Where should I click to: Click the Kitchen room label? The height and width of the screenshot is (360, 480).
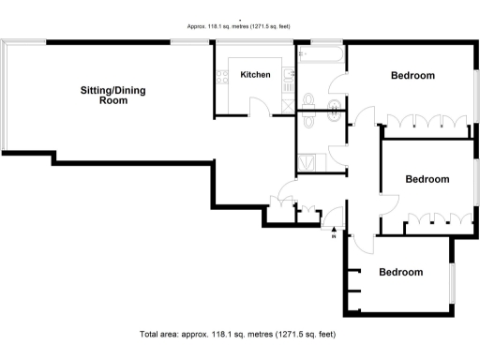coord(255,75)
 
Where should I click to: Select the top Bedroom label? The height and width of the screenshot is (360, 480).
coord(412,76)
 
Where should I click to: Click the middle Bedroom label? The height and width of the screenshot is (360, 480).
coord(427,179)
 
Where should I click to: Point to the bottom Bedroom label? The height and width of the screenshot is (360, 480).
coord(400,273)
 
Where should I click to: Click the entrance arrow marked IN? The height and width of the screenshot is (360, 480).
coord(335,229)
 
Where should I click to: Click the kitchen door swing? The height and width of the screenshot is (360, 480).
coord(267,108)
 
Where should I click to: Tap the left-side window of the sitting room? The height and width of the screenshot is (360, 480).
coord(5,94)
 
